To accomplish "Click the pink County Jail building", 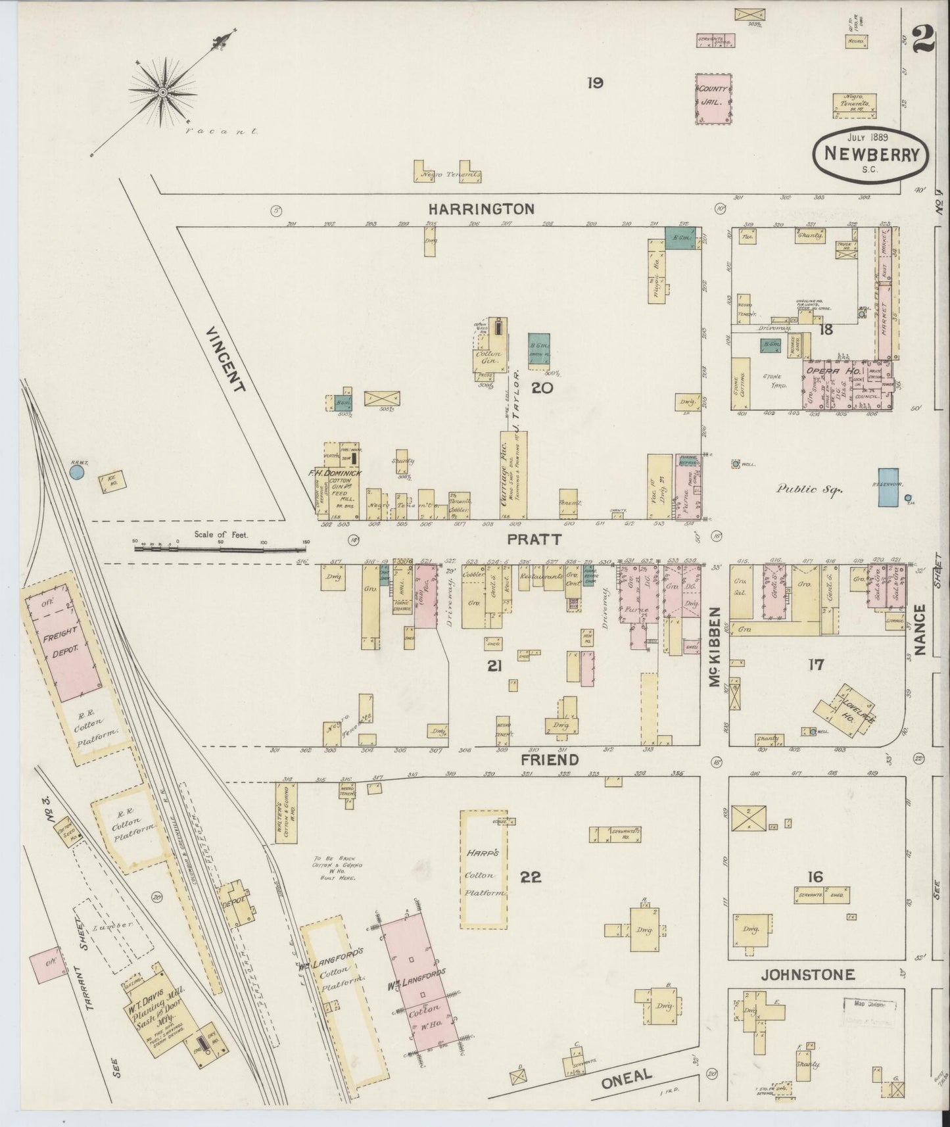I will coord(714,99).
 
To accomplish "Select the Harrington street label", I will coord(481,209).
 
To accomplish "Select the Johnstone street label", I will coord(808,975).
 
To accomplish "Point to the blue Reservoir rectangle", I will coord(889,487).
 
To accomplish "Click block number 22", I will coord(531,877).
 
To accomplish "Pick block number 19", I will coord(595,83).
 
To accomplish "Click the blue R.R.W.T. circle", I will coord(78,473).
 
